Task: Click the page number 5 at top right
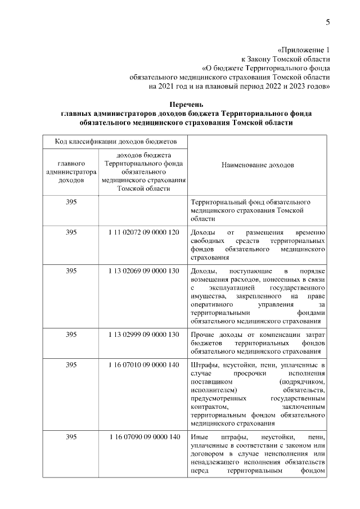coord(327,22)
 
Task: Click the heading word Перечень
coord(186,104)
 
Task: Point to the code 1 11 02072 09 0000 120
coord(143,232)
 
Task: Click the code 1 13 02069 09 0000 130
coord(143,271)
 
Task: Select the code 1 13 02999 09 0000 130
coord(143,335)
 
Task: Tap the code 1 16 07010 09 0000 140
coord(143,365)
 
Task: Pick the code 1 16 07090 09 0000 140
coord(143,437)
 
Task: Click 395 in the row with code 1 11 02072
coord(71,232)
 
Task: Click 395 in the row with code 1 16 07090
coord(71,437)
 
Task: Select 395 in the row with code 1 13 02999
coord(71,335)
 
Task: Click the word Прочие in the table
coord(203,335)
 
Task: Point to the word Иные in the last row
coord(200,437)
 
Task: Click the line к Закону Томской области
coord(285,58)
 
